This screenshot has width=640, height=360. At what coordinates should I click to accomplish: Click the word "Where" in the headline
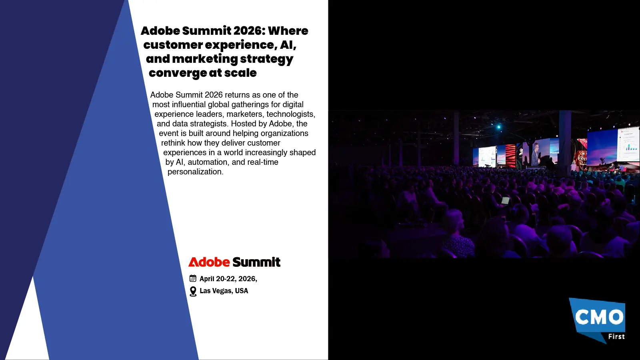tap(288, 31)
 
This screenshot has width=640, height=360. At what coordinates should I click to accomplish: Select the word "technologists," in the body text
tap(291, 114)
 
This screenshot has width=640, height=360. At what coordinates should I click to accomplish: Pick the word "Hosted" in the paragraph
tap(244, 124)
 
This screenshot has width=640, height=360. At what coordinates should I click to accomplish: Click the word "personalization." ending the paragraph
tap(195, 172)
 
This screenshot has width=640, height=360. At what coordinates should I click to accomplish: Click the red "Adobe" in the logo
tap(209, 262)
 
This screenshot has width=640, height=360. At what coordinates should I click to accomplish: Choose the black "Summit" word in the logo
tap(256, 262)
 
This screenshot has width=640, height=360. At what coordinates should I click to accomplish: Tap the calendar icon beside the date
tap(193, 278)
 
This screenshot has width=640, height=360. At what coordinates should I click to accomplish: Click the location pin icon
tap(193, 291)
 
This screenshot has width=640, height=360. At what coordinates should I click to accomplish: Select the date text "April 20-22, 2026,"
tap(228, 279)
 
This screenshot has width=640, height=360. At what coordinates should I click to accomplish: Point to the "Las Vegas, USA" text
tap(224, 291)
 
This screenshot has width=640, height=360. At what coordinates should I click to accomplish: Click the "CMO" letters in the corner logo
tap(599, 317)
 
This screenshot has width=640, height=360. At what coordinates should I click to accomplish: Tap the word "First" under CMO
tap(616, 337)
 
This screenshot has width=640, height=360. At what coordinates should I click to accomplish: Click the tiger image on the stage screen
tap(581, 157)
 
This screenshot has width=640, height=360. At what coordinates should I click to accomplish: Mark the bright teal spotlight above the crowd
tap(498, 127)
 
